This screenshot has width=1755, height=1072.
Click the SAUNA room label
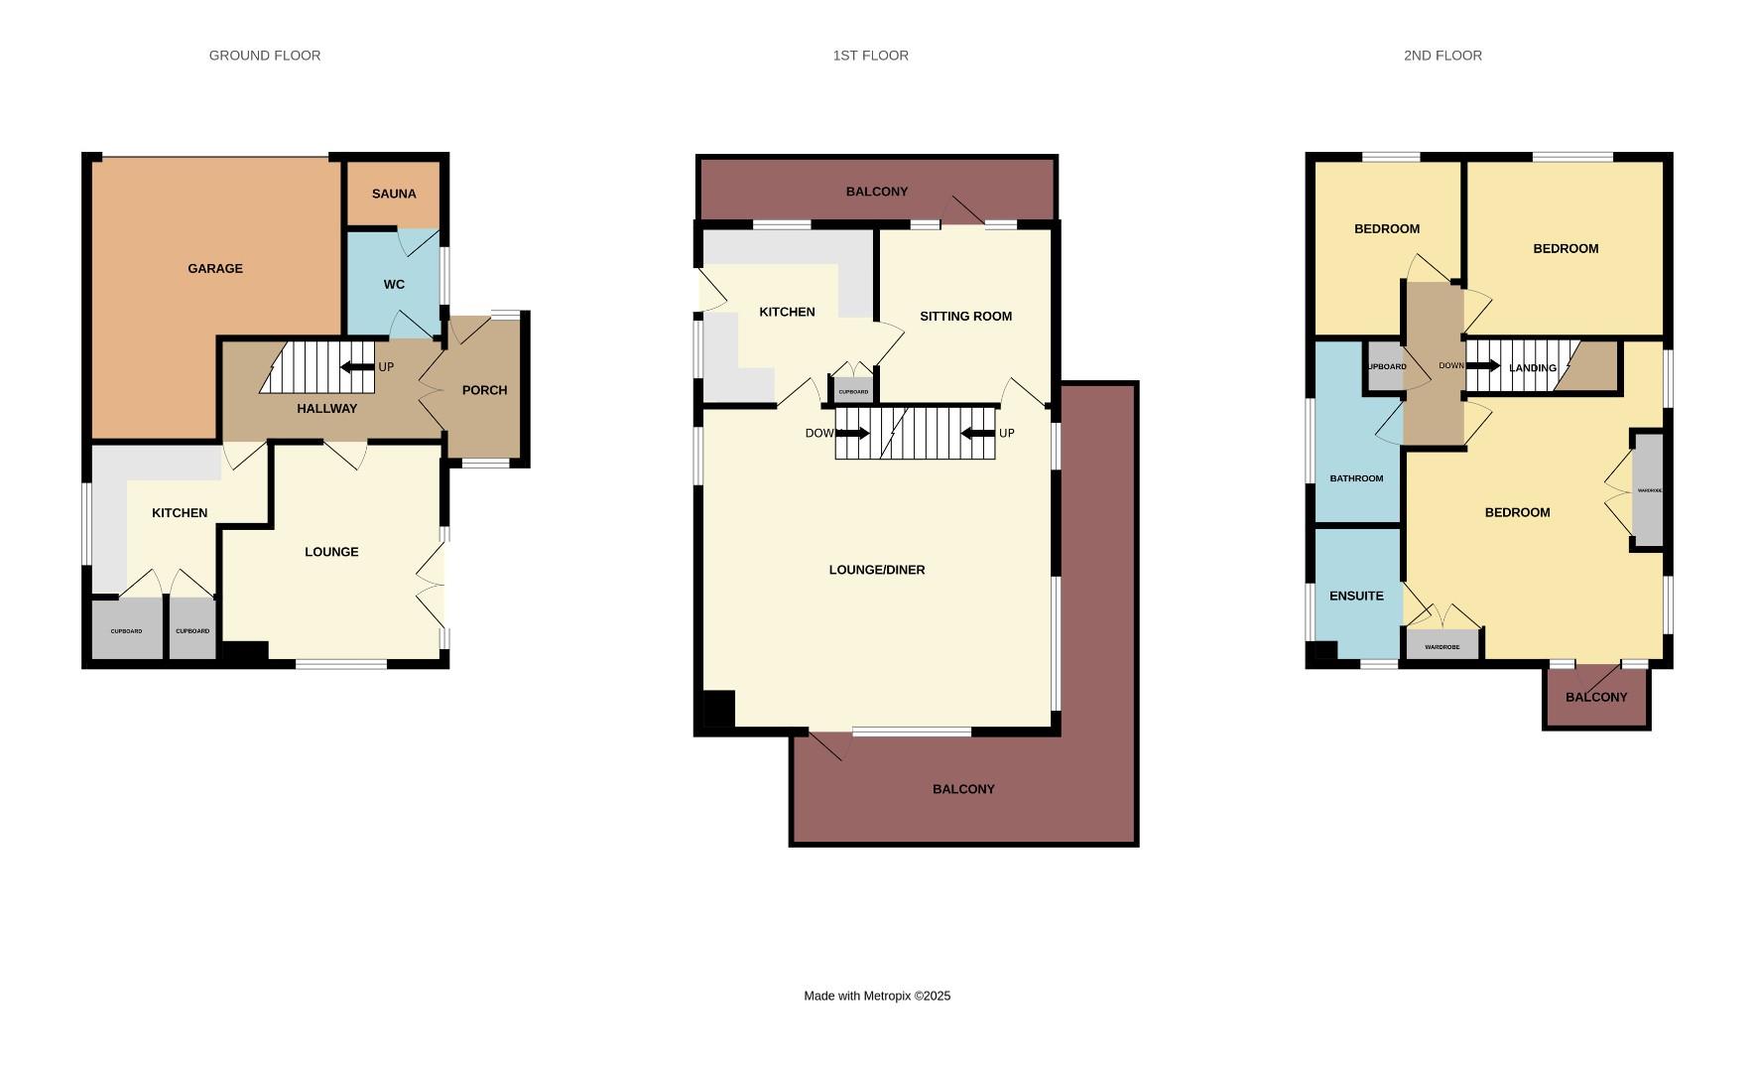(x=394, y=194)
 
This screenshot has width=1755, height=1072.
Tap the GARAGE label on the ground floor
(x=215, y=268)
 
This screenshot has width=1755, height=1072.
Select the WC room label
(x=394, y=285)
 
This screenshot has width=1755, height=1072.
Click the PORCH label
(x=484, y=390)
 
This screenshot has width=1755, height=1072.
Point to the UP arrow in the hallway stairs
(x=357, y=367)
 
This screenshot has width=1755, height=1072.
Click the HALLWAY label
(x=326, y=408)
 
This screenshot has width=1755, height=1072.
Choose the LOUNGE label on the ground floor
(x=331, y=552)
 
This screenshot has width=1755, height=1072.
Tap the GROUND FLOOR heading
(x=265, y=56)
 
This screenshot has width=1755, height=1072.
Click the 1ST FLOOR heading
(x=870, y=56)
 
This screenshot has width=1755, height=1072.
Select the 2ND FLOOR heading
(x=1442, y=56)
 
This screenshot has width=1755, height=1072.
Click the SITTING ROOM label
(x=965, y=317)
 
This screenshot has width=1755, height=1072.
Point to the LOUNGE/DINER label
(x=876, y=570)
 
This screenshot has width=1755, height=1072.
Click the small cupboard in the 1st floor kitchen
(x=853, y=391)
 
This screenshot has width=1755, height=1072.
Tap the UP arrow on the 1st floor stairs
(x=978, y=433)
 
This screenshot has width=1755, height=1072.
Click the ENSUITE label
(x=1356, y=597)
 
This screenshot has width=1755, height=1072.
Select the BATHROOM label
(x=1356, y=478)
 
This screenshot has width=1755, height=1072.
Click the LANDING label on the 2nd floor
(x=1532, y=368)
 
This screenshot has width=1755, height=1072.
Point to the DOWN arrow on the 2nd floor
(x=1482, y=366)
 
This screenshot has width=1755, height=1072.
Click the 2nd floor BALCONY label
(x=1596, y=697)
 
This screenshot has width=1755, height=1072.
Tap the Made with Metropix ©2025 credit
(x=877, y=996)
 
